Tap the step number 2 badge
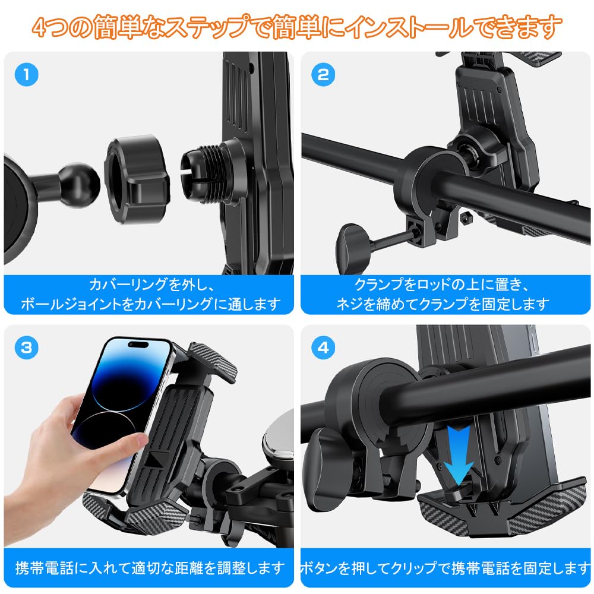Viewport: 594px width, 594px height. [x=324, y=75]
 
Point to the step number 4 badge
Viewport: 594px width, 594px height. [x=324, y=348]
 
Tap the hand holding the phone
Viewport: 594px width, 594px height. [x=95, y=451]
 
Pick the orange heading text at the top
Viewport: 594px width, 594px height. [x=297, y=27]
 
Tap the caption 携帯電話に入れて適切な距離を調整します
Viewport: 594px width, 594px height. [x=148, y=568]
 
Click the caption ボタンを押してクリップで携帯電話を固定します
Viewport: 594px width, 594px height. [x=445, y=568]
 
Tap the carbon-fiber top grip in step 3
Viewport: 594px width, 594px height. [x=213, y=359]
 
